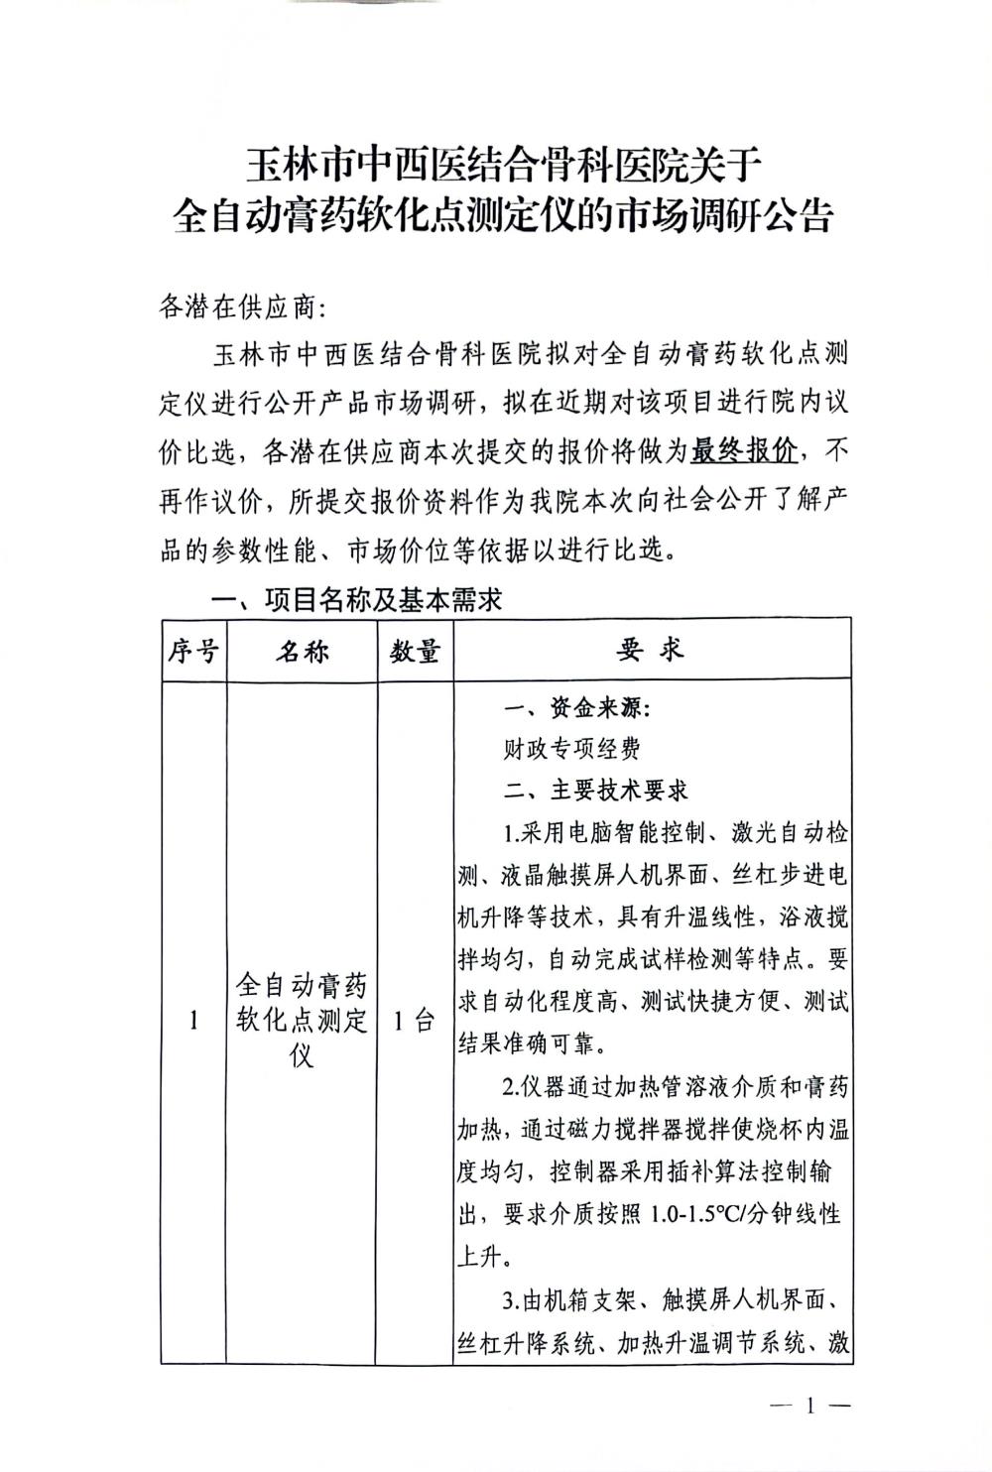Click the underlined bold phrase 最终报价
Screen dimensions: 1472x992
(x=745, y=452)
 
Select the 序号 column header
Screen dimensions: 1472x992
(x=193, y=652)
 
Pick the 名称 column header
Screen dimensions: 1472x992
(x=303, y=652)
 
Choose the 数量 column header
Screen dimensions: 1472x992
(x=415, y=652)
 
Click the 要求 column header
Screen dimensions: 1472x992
(x=651, y=650)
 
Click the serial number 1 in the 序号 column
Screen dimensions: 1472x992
(x=193, y=1021)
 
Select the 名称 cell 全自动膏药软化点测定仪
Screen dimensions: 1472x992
(x=303, y=1020)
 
